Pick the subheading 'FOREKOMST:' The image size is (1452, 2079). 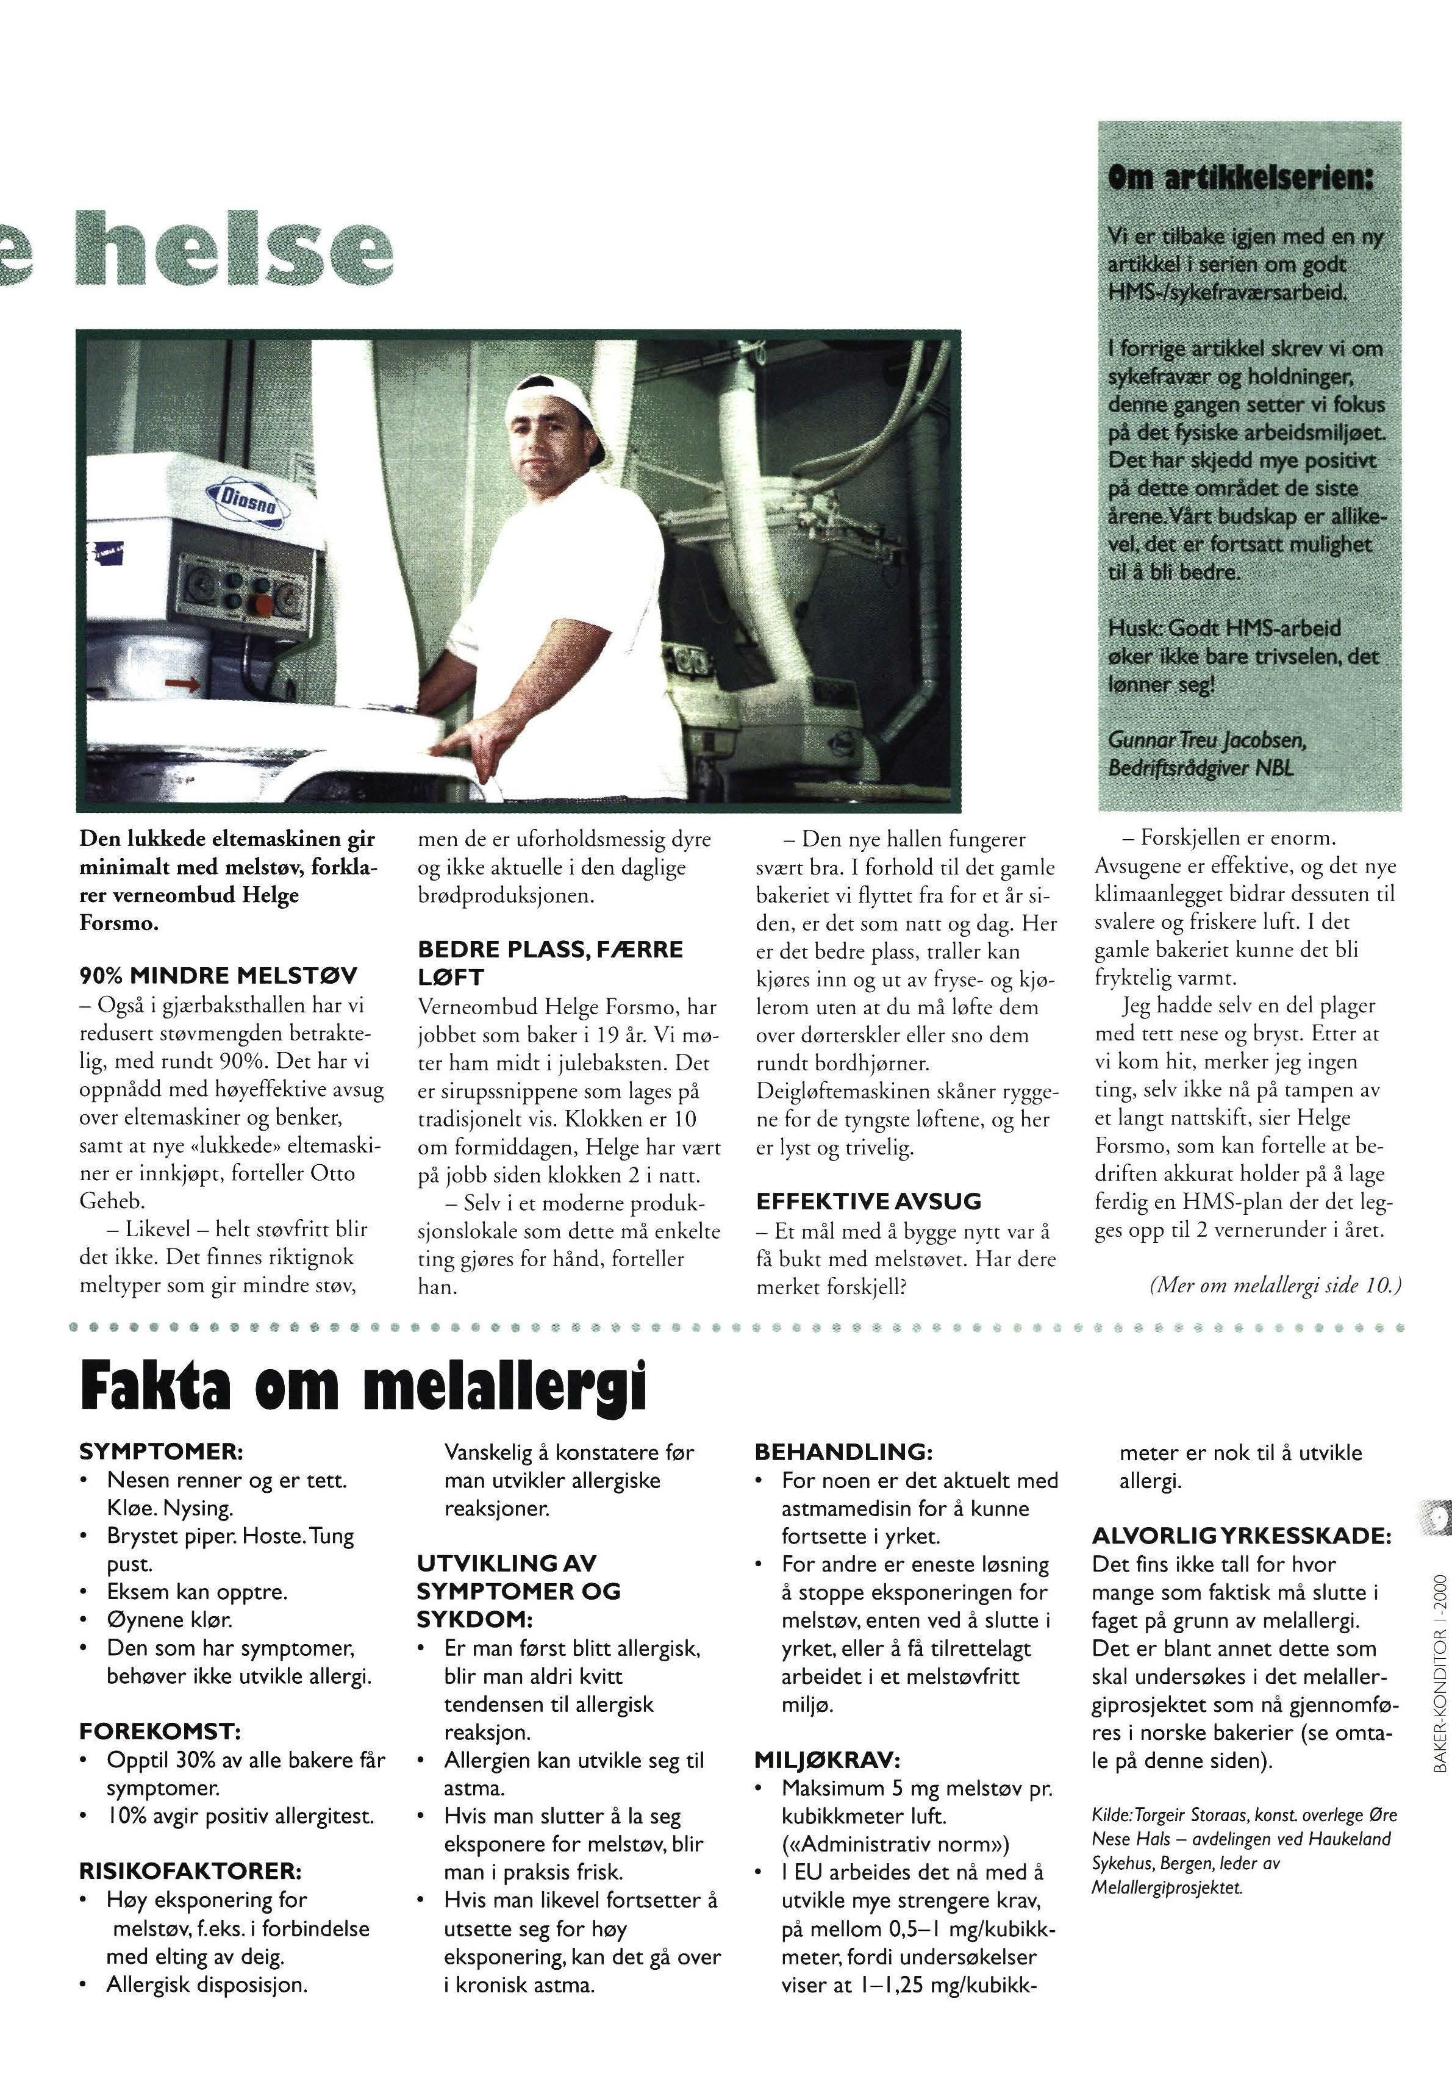click(159, 1731)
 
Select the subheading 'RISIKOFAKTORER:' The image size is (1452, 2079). click(190, 1871)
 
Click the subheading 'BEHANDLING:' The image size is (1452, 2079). click(843, 1451)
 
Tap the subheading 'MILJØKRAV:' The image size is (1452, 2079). click(826, 1759)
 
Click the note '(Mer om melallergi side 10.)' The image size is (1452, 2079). click(1275, 1286)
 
